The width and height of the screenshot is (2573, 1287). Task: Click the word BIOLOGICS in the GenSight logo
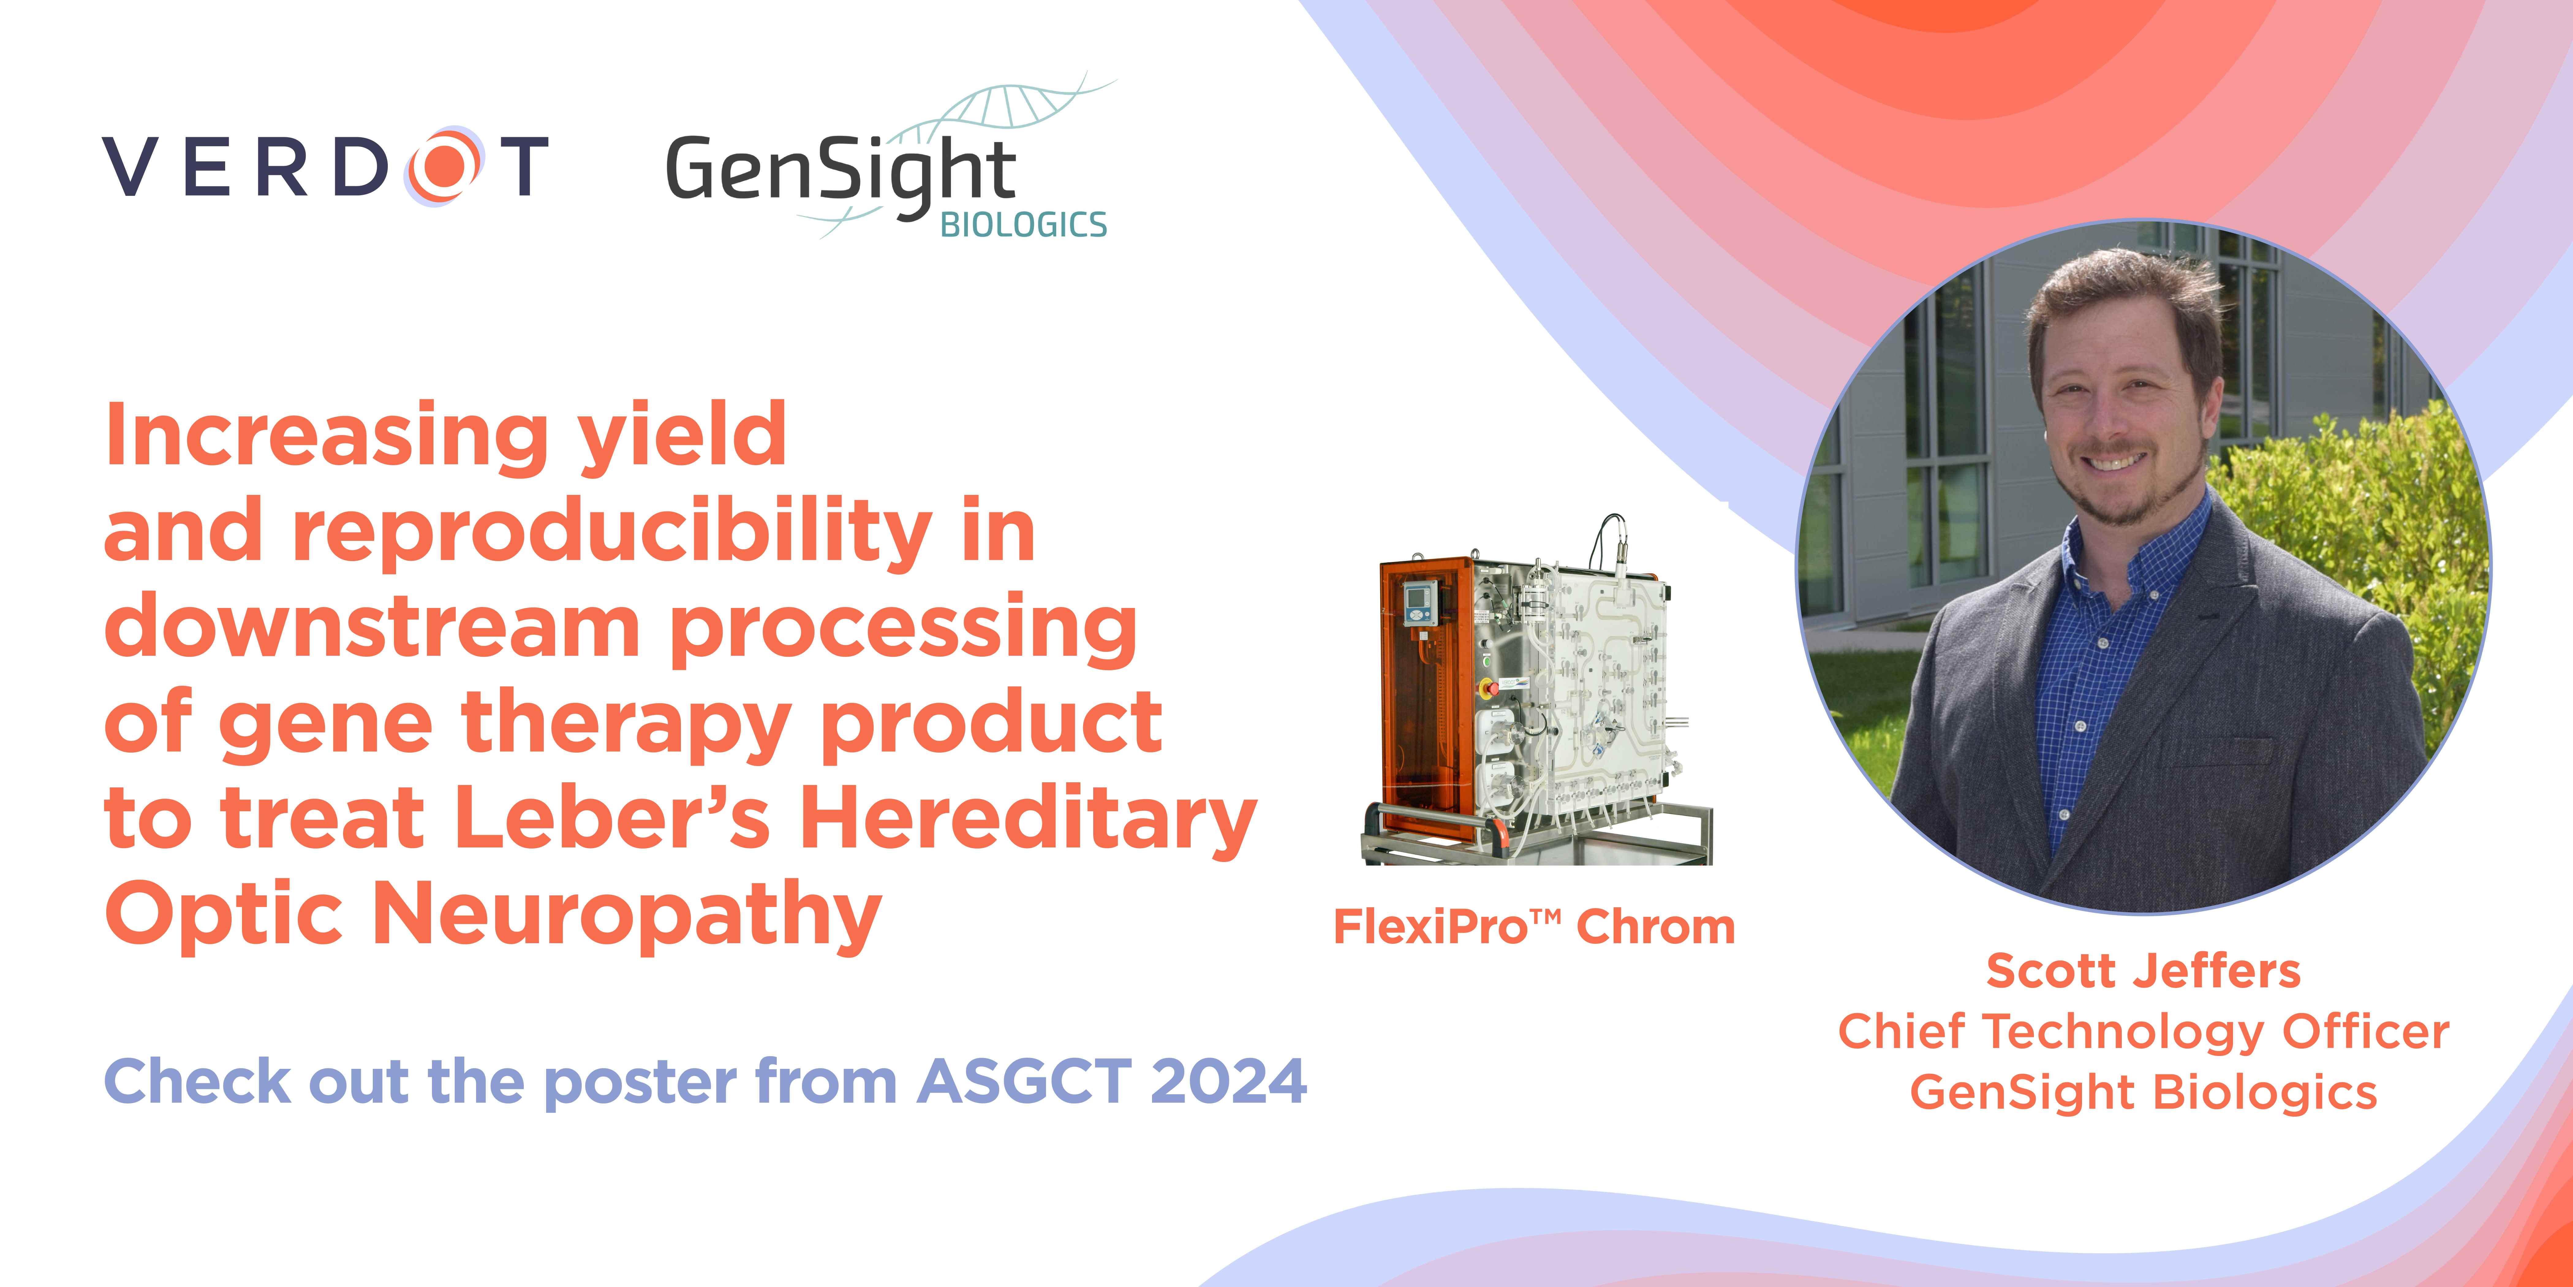(1024, 225)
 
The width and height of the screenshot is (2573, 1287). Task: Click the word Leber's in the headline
(611, 817)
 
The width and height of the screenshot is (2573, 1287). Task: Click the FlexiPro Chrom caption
(1534, 927)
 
